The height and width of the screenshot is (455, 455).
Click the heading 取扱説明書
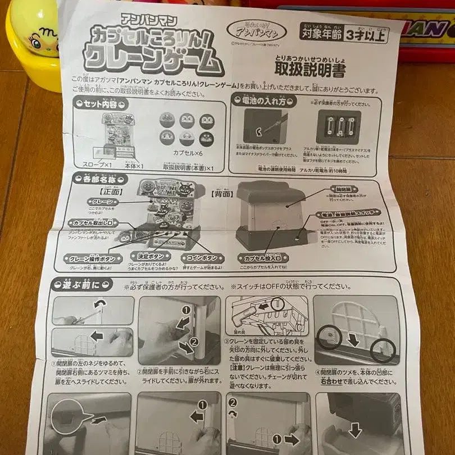pyautogui.click(x=310, y=69)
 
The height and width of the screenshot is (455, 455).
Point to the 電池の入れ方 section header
pyautogui.click(x=262, y=101)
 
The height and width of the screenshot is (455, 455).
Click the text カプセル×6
pyautogui.click(x=191, y=152)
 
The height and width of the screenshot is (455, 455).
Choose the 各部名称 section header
pyautogui.click(x=97, y=180)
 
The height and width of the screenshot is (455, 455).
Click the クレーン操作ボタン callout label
pyautogui.click(x=91, y=259)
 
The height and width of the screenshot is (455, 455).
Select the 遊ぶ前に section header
pyautogui.click(x=83, y=285)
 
